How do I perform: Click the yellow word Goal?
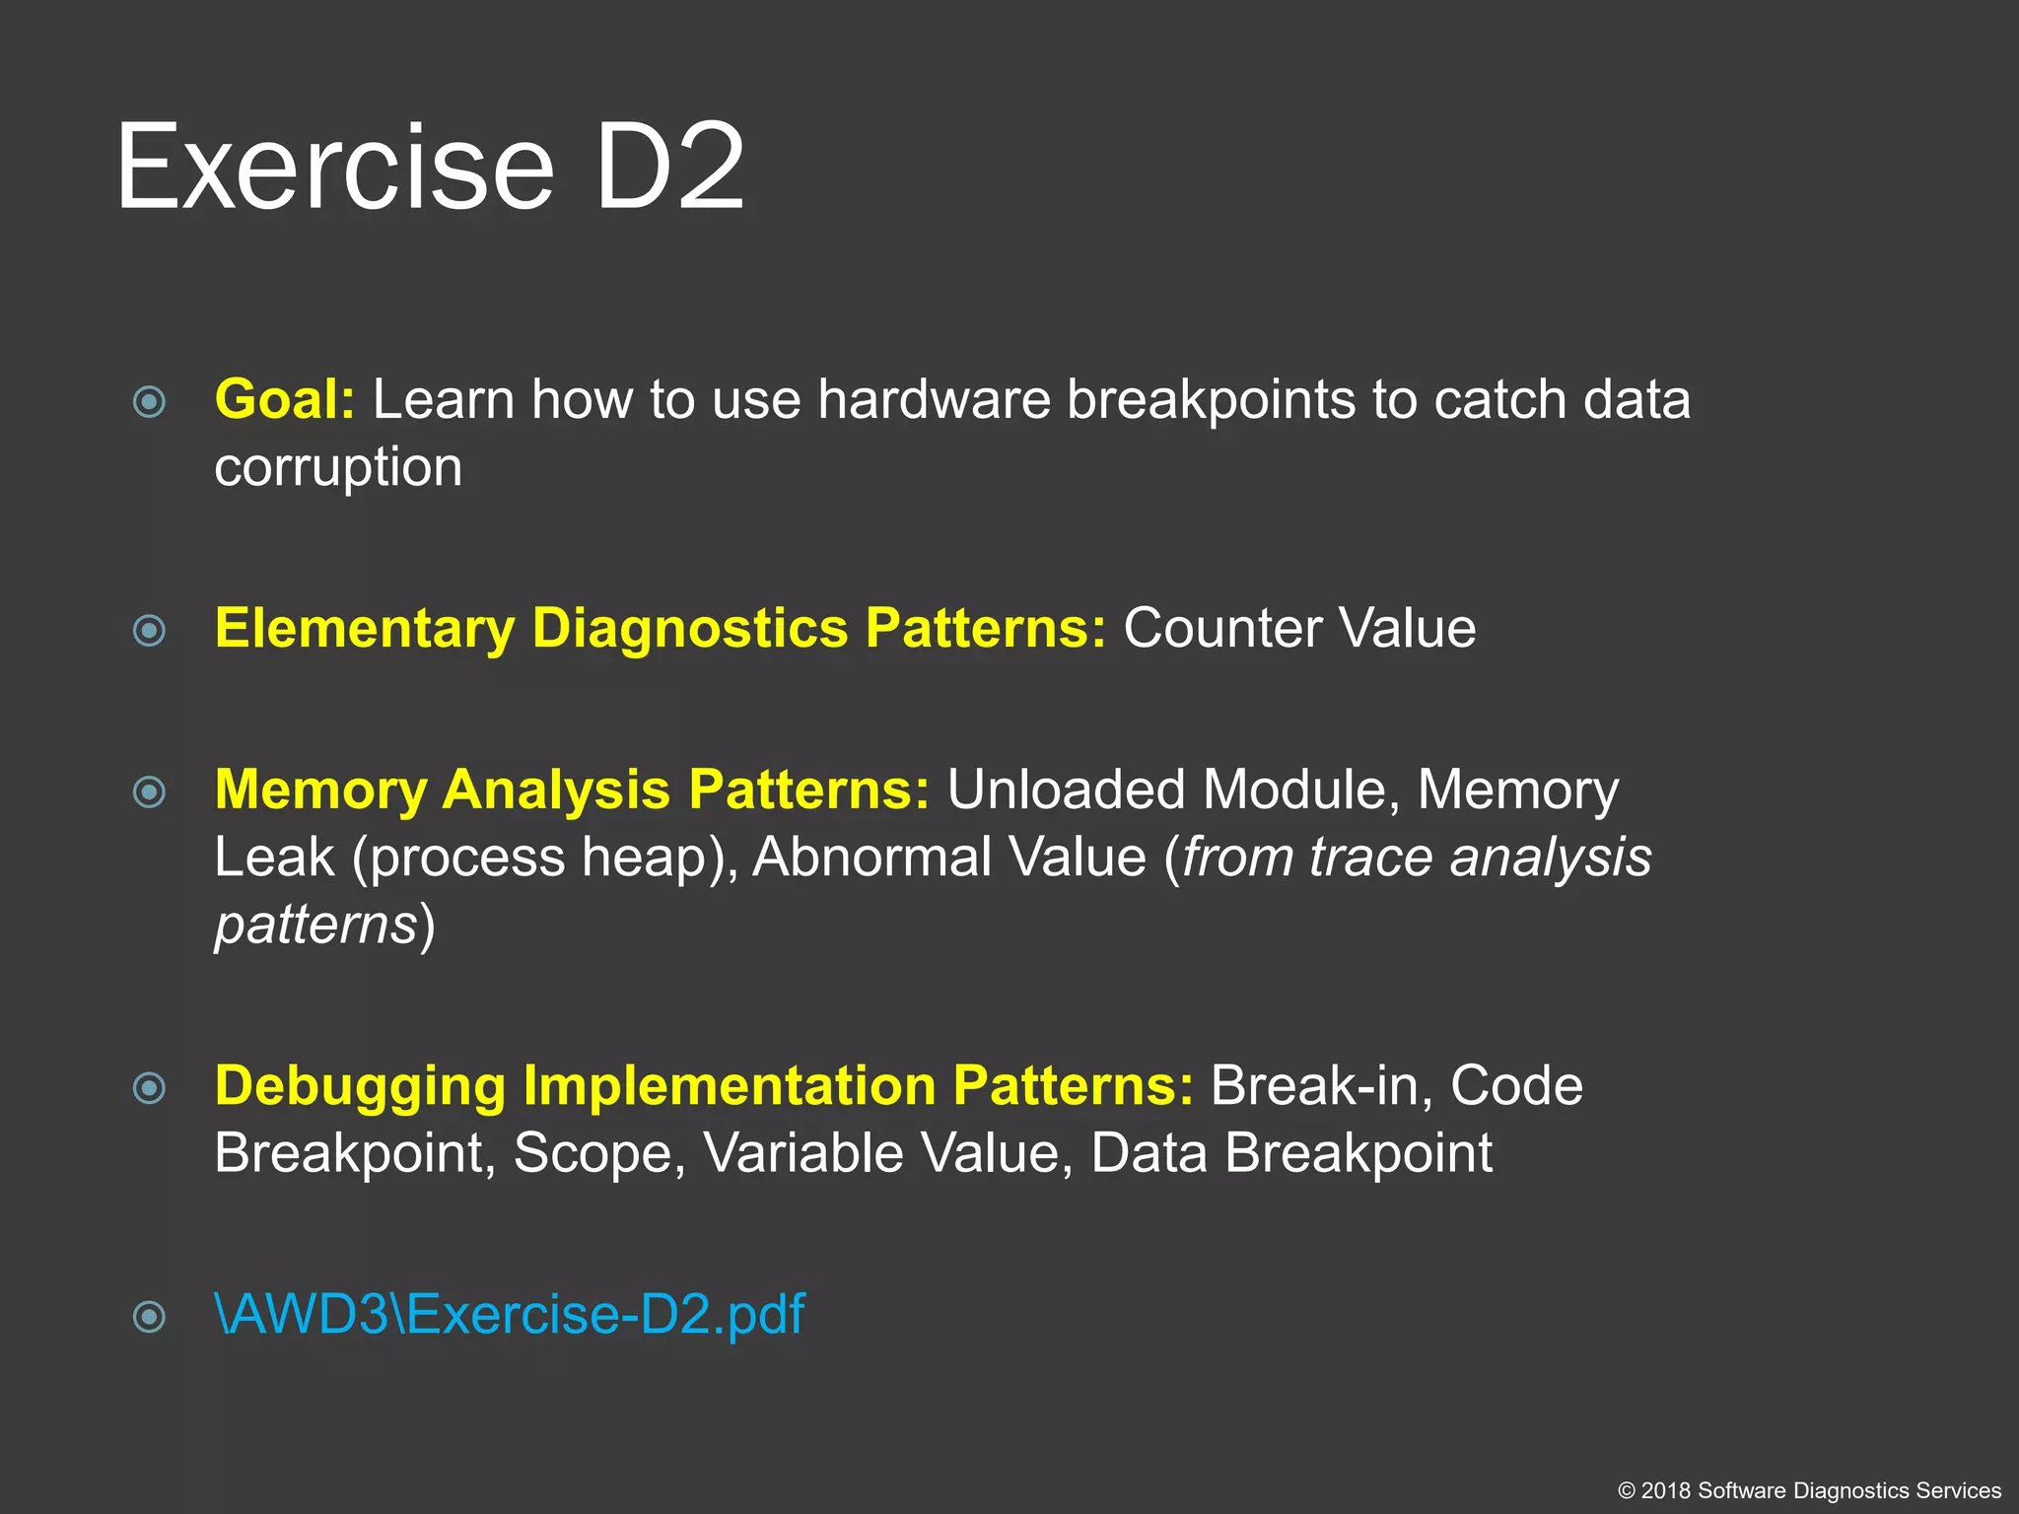(284, 400)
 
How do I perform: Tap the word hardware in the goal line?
(934, 400)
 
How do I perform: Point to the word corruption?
(338, 467)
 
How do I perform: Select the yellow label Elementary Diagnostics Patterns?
(661, 629)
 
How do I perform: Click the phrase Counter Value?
(1299, 629)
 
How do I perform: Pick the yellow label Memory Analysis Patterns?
(572, 791)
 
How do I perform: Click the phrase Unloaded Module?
(1167, 791)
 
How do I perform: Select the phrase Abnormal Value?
(949, 858)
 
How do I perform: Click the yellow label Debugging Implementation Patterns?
(704, 1086)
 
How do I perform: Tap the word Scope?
(598, 1153)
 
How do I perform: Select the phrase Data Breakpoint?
(1291, 1153)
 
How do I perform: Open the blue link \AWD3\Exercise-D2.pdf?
(510, 1315)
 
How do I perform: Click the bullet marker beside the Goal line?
(149, 401)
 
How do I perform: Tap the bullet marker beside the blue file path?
(149, 1316)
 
